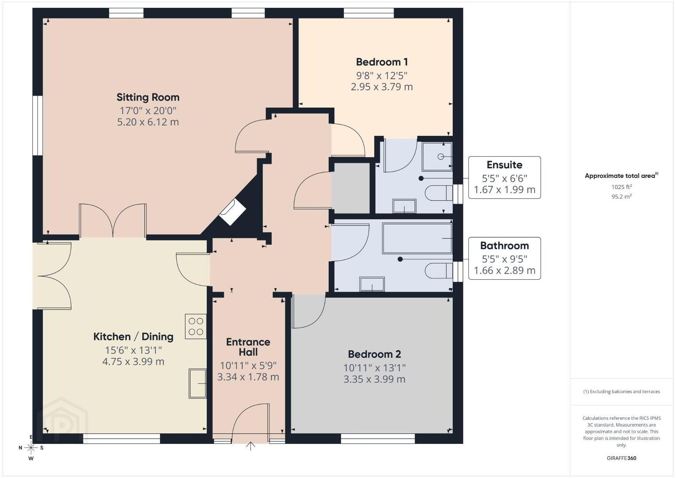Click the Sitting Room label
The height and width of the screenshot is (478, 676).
point(148,97)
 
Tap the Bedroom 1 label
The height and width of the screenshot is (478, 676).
point(382,62)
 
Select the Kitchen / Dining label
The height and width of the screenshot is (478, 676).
point(133,336)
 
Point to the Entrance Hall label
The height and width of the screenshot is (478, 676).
point(248,347)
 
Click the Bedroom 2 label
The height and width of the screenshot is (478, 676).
point(374,354)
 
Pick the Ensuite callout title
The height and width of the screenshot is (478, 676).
point(504,165)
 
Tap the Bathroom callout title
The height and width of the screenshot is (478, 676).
point(504,246)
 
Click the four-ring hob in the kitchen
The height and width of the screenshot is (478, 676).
point(195,326)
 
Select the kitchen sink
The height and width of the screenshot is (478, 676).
point(198,383)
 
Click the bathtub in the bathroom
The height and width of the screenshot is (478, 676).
point(417,238)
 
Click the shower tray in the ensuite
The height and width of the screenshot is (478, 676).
point(437,157)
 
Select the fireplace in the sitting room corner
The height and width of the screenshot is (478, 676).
point(232,212)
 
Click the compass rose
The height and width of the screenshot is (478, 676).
point(31,448)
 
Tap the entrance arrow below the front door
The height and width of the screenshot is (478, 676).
point(250,446)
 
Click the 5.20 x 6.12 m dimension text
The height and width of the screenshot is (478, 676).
point(148,122)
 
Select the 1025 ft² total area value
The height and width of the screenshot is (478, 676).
point(622,187)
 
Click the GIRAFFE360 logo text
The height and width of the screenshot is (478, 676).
point(622,458)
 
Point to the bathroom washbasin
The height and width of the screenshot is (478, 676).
point(372,284)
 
